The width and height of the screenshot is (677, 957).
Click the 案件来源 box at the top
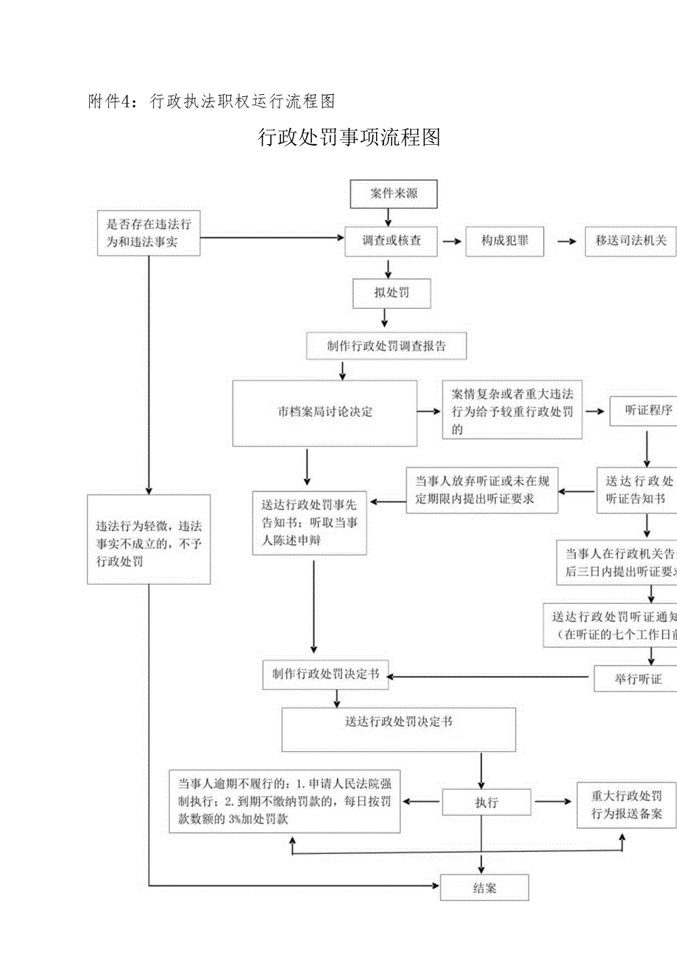(x=394, y=194)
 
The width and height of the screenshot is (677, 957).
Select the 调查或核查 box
(x=391, y=241)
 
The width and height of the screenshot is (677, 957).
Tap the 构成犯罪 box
(x=504, y=241)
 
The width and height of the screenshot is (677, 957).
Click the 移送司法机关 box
(x=631, y=241)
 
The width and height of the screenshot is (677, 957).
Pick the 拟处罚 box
(x=391, y=293)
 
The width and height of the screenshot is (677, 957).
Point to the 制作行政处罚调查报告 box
(x=386, y=346)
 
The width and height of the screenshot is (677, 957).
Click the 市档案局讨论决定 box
(x=325, y=413)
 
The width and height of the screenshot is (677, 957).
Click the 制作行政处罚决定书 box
(x=325, y=675)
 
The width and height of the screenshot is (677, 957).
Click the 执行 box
(x=486, y=803)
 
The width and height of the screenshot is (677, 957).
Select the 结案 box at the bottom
(x=484, y=888)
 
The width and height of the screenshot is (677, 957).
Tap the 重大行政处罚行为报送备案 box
(x=626, y=805)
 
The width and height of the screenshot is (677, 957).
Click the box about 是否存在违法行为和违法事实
(x=149, y=233)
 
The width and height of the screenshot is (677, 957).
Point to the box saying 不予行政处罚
(x=149, y=539)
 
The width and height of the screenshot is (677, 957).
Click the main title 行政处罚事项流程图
(x=349, y=138)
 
